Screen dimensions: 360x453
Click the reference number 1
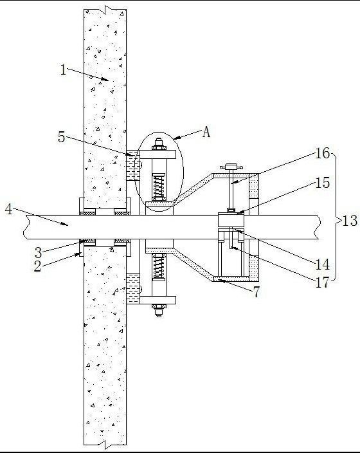63,70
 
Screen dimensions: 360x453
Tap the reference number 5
62,137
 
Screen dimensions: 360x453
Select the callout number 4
8,209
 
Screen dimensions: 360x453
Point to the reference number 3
39,253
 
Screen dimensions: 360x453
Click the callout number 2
37,266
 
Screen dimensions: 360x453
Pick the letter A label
206,132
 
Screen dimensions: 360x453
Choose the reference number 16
322,153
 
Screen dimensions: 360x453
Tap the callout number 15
322,183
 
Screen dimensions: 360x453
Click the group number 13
350,221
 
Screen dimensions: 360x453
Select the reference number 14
322,264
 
